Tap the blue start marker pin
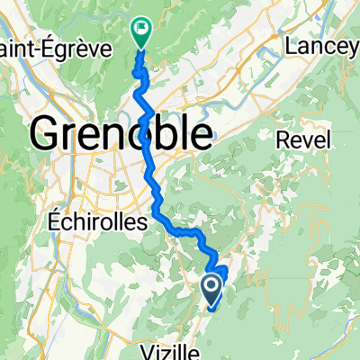coord(212,291)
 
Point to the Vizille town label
coord(169,350)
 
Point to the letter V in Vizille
coord(148,350)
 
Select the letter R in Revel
coord(282,139)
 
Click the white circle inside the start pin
coord(212,287)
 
